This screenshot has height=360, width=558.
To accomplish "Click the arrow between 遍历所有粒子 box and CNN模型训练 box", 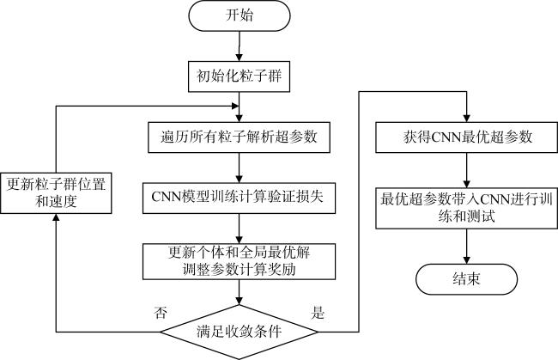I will coord(239,167).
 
